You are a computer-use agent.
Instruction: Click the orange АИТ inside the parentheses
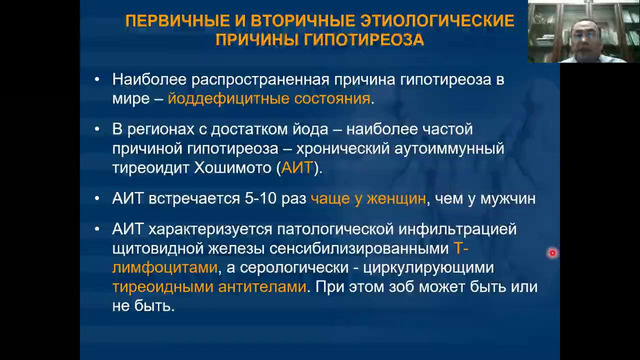(297, 169)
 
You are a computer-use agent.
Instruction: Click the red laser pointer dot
(552, 253)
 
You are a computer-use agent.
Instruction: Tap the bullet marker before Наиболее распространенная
(94, 79)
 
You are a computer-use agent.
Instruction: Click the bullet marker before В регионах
(94, 131)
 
